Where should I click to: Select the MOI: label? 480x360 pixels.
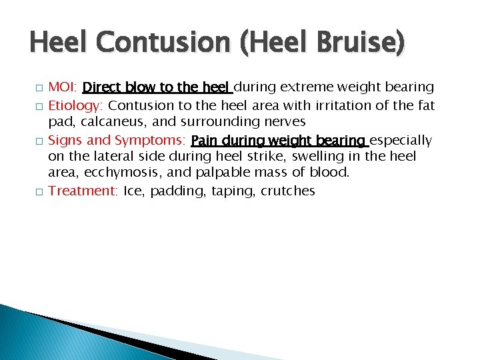pos(64,87)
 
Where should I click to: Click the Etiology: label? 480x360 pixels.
pos(77,105)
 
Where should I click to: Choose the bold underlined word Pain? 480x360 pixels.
pos(205,140)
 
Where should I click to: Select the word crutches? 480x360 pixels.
pos(287,191)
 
